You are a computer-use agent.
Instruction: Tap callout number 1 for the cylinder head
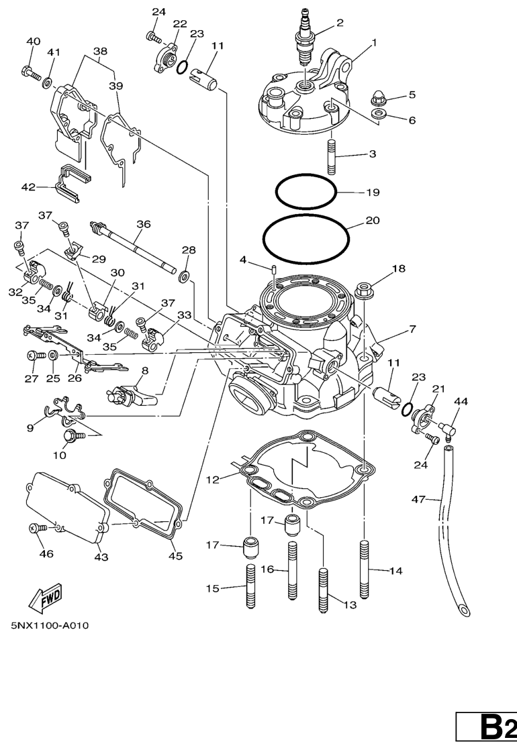coord(374,42)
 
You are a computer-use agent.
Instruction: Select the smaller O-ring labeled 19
coord(305,192)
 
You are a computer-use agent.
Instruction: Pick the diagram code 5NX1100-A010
coord(50,626)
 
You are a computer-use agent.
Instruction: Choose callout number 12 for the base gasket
coord(213,480)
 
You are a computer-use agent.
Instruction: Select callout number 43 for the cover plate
coord(101,557)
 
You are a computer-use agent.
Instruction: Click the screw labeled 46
coord(38,529)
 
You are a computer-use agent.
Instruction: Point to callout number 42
coord(28,187)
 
